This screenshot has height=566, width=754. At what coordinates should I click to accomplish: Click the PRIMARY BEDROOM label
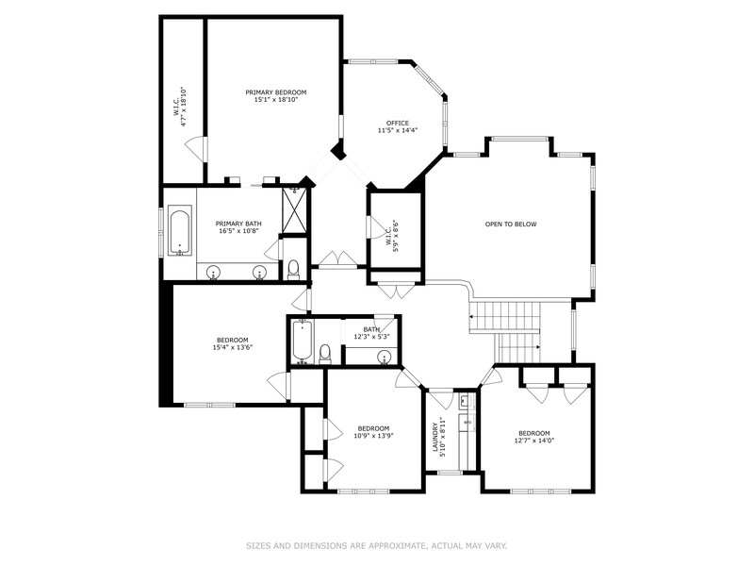click(x=276, y=92)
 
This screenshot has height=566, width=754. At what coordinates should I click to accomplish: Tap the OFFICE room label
click(x=398, y=124)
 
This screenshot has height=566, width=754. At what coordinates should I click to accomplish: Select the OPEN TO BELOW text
click(x=511, y=225)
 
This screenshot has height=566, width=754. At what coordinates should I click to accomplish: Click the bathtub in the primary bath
click(x=180, y=231)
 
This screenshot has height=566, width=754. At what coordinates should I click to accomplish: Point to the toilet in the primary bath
click(x=293, y=270)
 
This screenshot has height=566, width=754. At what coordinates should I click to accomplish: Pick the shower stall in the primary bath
click(x=294, y=209)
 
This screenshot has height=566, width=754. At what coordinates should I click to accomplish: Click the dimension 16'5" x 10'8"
click(x=239, y=231)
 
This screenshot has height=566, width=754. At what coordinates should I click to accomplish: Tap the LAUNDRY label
click(x=435, y=437)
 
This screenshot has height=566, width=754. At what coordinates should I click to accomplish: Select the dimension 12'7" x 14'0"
click(x=534, y=440)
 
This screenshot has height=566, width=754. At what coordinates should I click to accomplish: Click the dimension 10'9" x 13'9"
click(x=373, y=436)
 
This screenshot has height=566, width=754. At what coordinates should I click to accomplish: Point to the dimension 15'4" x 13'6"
click(x=233, y=347)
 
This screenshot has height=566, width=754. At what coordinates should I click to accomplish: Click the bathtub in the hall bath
click(x=303, y=341)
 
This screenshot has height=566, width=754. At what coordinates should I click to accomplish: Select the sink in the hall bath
click(x=385, y=358)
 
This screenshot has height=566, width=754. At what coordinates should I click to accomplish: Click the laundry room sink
click(x=465, y=400)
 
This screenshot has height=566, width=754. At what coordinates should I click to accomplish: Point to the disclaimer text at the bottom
click(x=377, y=546)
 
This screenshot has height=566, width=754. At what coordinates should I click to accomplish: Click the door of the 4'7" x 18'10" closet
click(x=197, y=149)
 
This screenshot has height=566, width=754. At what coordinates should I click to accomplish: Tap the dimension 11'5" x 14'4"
click(x=398, y=130)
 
